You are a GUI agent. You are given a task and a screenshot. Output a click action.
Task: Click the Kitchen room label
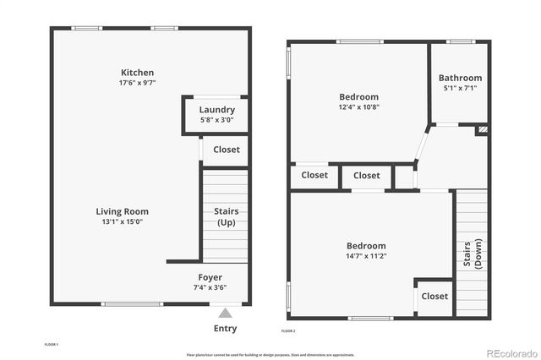coord(137,73)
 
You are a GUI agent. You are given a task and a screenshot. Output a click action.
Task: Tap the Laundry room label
coord(216,110)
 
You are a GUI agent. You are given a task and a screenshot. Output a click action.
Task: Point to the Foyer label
coord(210,277)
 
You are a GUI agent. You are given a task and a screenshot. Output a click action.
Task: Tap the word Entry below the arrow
coord(225,329)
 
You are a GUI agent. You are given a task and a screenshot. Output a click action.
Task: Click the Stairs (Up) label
coord(226,216)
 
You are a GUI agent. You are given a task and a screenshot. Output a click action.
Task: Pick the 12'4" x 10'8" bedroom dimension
coord(358,107)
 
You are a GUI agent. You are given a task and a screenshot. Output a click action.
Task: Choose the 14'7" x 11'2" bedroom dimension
coord(365,256)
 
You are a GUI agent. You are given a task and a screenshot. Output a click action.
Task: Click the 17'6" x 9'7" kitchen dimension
coord(137,83)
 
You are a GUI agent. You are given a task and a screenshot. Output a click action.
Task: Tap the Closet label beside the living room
coord(226,150)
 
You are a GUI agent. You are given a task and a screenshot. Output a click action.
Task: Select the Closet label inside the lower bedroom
coord(434,296)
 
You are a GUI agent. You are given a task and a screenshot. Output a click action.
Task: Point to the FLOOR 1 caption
coord(51,345)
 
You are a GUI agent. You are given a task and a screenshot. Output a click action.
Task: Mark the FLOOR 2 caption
coord(288,330)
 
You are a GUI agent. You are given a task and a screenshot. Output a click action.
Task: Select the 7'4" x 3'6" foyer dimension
coord(210,287)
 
